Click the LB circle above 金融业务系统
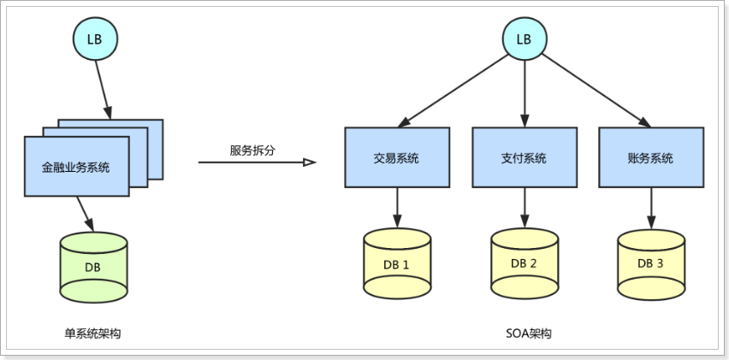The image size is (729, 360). (95, 39)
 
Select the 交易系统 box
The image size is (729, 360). (397, 158)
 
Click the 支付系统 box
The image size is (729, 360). (524, 158)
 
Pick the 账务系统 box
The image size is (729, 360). (650, 158)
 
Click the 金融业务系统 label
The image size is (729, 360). (76, 167)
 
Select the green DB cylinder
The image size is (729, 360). (94, 266)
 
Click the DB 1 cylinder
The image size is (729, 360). (397, 263)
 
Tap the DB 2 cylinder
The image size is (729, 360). (524, 263)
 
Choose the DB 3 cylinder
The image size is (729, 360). (650, 263)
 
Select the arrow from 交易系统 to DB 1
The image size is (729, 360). (397, 208)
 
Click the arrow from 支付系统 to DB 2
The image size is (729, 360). (524, 208)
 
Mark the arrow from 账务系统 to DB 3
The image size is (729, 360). (650, 208)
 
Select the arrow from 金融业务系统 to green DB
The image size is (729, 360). (85, 212)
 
